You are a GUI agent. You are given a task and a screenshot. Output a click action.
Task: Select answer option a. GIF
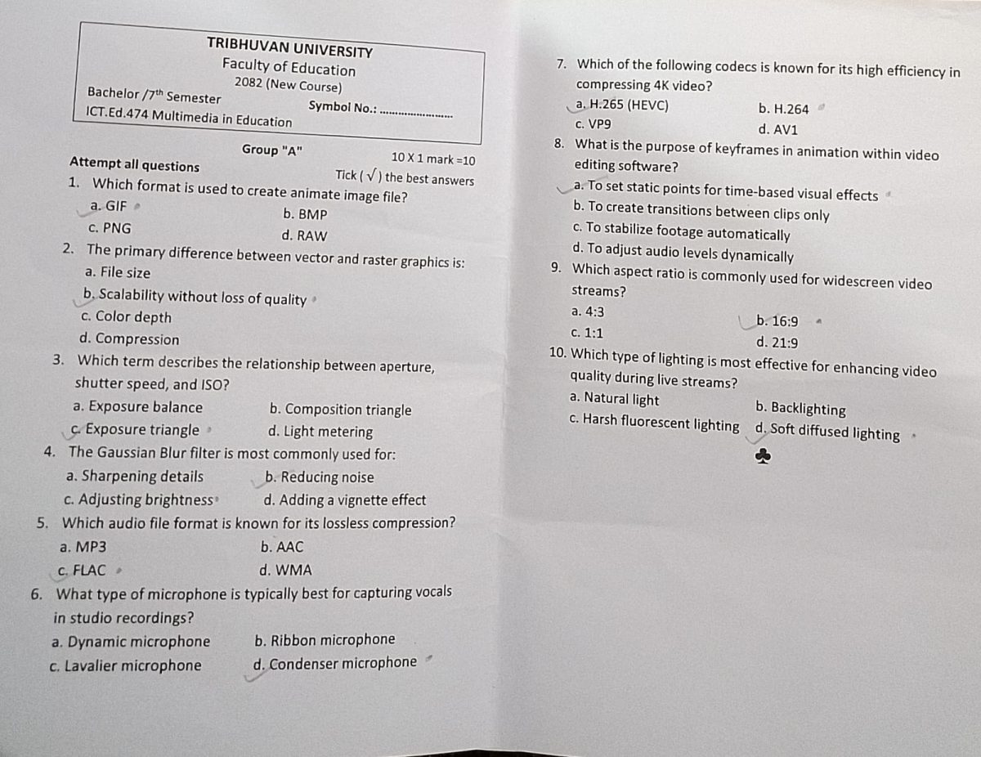[109, 206]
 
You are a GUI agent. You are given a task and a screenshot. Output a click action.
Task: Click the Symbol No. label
[342, 106]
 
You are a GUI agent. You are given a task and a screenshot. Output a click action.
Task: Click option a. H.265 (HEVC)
[622, 105]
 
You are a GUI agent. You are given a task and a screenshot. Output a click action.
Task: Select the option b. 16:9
[777, 321]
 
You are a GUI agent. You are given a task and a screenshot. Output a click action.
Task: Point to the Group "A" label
[272, 150]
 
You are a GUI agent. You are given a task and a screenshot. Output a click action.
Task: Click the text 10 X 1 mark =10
[432, 159]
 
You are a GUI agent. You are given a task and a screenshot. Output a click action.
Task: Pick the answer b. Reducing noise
[320, 477]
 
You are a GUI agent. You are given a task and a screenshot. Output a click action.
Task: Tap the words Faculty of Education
[289, 68]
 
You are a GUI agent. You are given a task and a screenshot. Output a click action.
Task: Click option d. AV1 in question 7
[777, 129]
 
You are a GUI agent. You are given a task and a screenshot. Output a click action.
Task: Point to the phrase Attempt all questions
[134, 165]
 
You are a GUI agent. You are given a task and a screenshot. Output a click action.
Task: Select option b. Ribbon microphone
[325, 639]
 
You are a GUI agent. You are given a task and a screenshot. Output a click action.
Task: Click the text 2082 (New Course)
[288, 84]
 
